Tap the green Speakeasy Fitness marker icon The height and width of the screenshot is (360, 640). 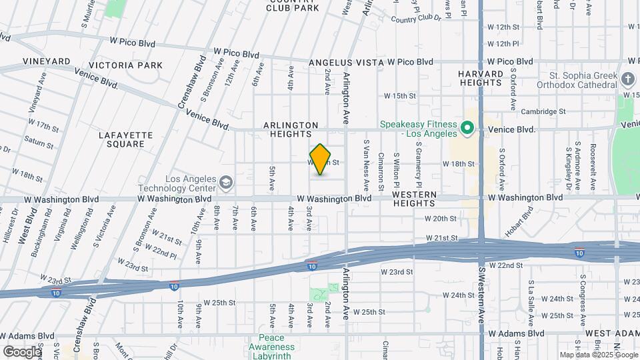tap(467, 126)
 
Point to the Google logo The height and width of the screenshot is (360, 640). tap(21, 351)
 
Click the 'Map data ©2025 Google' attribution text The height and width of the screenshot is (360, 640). tap(598, 355)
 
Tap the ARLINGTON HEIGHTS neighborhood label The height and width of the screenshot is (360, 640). tap(291, 129)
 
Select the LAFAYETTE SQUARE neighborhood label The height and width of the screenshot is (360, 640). tap(125, 139)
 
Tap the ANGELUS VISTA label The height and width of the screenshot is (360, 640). tap(346, 62)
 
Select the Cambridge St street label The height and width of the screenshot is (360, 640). tap(543, 111)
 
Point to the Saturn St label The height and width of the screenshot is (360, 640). tap(39, 142)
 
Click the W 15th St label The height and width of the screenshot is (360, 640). tap(399, 96)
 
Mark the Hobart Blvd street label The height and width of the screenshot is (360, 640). tap(521, 223)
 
